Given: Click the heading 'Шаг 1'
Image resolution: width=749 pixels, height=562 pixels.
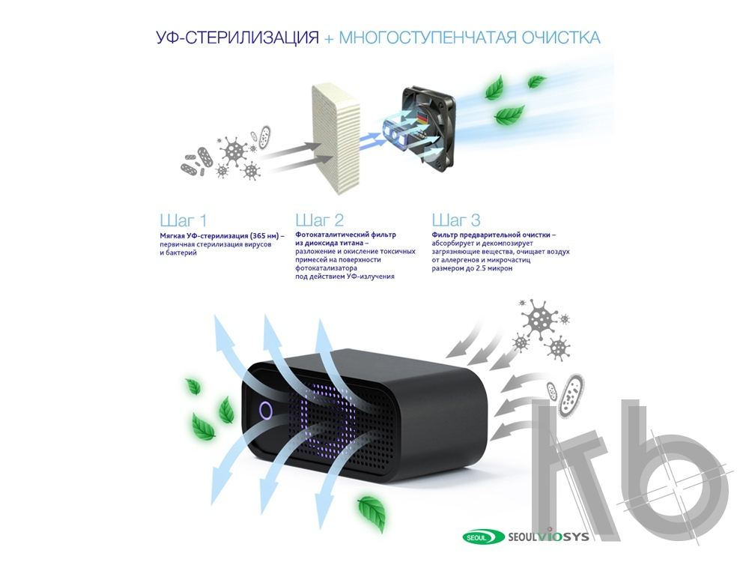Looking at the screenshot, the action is pos(184,220).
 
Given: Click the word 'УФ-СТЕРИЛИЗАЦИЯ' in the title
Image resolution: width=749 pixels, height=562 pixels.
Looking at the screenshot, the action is pos(237,37).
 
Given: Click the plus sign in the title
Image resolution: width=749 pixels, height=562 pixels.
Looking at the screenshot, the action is pos(329,39).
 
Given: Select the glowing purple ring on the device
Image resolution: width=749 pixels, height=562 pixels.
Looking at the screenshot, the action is pos(266,411).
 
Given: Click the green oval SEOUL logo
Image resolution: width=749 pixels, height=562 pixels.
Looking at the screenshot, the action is pos(483,537).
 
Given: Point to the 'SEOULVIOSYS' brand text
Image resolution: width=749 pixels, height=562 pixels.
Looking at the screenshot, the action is pos(548,537).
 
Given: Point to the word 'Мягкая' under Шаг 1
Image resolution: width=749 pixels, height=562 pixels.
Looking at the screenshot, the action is pos(171,236).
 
